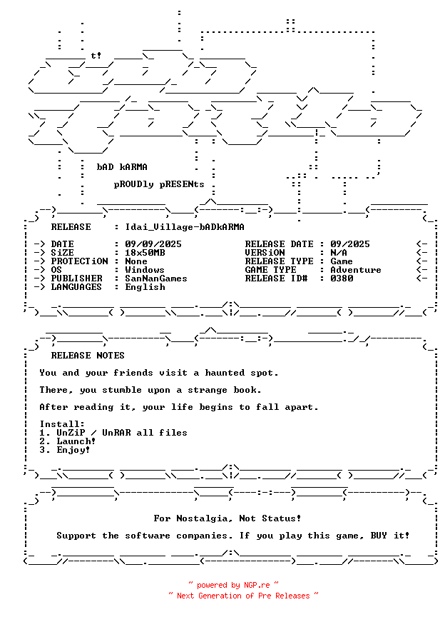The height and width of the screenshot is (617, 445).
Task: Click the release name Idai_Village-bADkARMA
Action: click(184, 227)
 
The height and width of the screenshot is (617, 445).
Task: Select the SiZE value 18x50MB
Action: click(145, 253)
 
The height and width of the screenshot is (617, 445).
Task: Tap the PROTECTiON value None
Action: click(136, 261)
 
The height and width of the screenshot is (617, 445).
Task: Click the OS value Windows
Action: click(145, 270)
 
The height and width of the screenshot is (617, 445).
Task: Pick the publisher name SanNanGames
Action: click(156, 279)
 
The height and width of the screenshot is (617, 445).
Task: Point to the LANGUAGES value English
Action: click(145, 287)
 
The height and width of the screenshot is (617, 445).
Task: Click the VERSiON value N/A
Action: click(339, 253)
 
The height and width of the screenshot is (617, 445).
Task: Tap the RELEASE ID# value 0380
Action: click(342, 279)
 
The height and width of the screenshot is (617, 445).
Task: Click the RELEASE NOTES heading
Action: click(88, 356)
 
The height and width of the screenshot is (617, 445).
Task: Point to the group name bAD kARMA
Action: click(122, 167)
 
